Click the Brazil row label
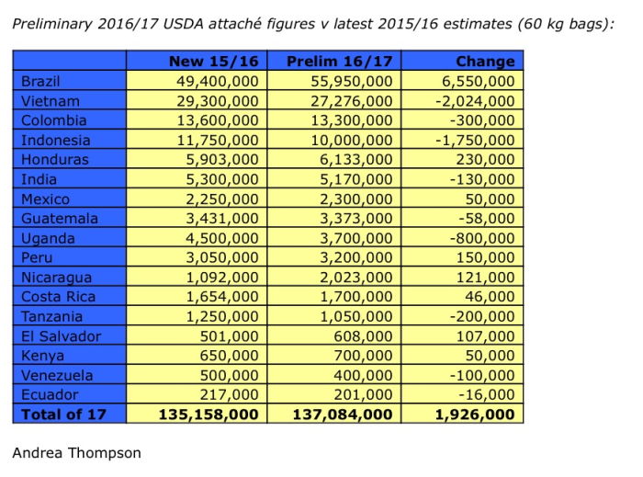click(x=41, y=81)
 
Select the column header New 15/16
click(x=214, y=62)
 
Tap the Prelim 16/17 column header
click(x=339, y=62)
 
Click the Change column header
click(x=484, y=62)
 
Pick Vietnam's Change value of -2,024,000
click(x=475, y=101)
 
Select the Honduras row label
click(x=53, y=160)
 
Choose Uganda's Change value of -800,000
click(x=481, y=238)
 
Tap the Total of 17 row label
click(x=63, y=415)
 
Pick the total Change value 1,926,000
click(x=474, y=415)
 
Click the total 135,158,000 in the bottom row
click(x=209, y=415)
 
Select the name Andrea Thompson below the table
click(x=76, y=453)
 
